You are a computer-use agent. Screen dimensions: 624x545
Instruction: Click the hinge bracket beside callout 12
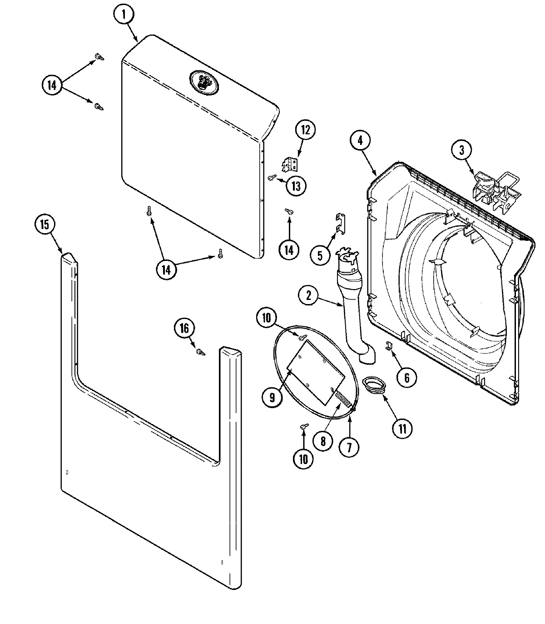click(289, 164)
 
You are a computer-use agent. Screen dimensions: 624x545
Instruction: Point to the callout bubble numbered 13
click(296, 186)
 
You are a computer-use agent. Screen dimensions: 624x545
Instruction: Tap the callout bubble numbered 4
click(360, 140)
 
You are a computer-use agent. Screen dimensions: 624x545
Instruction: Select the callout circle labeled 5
click(320, 255)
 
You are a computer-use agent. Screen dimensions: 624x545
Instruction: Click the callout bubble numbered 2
click(309, 296)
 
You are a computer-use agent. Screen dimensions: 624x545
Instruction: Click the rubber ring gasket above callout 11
click(375, 384)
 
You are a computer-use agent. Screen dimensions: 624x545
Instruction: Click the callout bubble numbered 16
click(185, 328)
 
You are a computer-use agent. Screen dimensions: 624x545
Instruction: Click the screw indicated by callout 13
click(271, 177)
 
